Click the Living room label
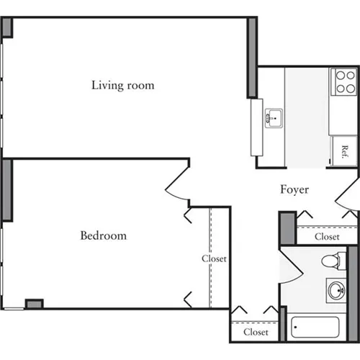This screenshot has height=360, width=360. coord(122,86)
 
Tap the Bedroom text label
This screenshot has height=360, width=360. coord(103,235)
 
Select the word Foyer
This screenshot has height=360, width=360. coord(294,190)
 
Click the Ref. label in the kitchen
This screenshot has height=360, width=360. coord(345,152)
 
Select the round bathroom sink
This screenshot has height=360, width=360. coord(336,291)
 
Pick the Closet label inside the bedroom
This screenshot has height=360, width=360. coord(214,258)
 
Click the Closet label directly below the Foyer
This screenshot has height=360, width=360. coord(327,236)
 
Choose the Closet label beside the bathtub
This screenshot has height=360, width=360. coord(256,333)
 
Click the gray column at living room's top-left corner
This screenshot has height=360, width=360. coord(6,27)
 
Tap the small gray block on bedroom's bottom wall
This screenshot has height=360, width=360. coord(34,304)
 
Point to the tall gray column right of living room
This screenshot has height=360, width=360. coord(252,58)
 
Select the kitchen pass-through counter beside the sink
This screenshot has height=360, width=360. coord(257,127)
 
